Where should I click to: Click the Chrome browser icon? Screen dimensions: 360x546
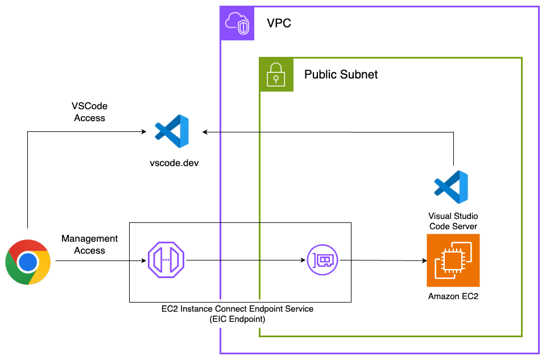(28, 262)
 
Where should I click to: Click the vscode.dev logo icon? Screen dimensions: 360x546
(172, 131)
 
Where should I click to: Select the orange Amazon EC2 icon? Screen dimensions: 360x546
(453, 260)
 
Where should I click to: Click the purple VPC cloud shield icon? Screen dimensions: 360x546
(237, 23)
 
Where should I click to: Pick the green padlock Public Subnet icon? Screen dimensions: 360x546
(276, 75)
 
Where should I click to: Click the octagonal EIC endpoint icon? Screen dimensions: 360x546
(164, 261)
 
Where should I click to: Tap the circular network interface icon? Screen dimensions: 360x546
(323, 260)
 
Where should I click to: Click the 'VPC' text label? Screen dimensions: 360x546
(279, 24)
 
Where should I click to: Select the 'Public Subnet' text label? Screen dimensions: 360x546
(341, 75)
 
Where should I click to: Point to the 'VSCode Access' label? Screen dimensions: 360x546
(89, 112)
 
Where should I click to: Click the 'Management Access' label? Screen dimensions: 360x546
(90, 245)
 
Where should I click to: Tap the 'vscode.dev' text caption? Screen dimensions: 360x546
(171, 163)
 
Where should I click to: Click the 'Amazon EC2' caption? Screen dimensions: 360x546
(453, 296)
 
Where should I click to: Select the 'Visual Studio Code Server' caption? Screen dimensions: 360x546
(453, 221)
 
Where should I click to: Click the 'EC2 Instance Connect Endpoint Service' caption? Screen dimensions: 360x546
(237, 308)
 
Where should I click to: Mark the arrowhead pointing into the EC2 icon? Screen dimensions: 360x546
(424, 261)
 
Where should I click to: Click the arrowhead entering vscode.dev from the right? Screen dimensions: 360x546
(205, 132)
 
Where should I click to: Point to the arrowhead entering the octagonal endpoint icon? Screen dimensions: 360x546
(143, 261)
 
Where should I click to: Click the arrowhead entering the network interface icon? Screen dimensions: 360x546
(303, 261)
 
